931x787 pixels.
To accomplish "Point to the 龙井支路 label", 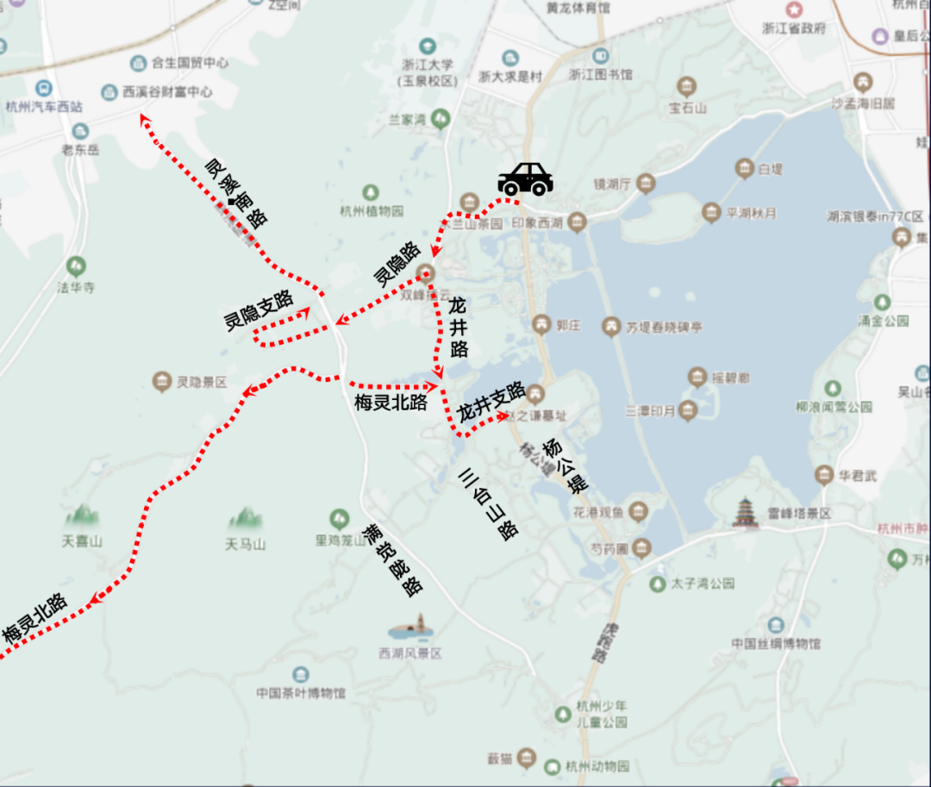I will coord(491,402).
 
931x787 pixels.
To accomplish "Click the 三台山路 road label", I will coord(488,503).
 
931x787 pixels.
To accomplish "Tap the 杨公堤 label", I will coord(565,465).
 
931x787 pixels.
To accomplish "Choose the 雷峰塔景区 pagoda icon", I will coord(744,512).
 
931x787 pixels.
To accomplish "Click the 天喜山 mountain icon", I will coord(82,516).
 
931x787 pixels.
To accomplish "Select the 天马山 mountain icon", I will coord(245,518).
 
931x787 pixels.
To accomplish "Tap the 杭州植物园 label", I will coord(372,211).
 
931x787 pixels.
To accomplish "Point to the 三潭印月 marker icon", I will coord(687,409).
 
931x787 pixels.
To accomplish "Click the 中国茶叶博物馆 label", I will coord(300,693).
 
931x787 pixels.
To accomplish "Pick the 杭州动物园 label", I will coord(597,765).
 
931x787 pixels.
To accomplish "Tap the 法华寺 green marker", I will coord(76,265).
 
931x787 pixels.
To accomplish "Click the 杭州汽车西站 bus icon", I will coord(43,88).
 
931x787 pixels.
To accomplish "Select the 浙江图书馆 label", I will coord(600,75).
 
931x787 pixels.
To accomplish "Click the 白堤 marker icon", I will coord(744,168).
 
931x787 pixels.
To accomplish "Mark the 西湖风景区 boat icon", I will coord(410,628).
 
